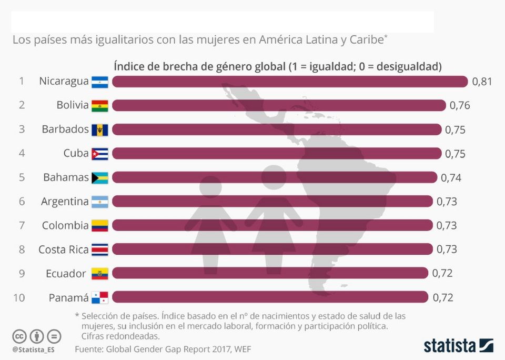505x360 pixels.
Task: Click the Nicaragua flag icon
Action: pyautogui.click(x=99, y=82)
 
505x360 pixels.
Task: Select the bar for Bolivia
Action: pyautogui.click(x=279, y=105)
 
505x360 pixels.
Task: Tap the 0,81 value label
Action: pyautogui.click(x=482, y=82)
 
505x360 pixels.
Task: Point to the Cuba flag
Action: pyautogui.click(x=99, y=154)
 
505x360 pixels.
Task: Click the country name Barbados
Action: pyautogui.click(x=65, y=129)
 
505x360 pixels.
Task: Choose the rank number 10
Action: pyautogui.click(x=19, y=298)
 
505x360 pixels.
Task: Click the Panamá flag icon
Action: pyautogui.click(x=99, y=298)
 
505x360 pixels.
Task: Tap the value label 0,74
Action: pyautogui.click(x=451, y=178)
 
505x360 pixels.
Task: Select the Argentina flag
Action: pyautogui.click(x=99, y=202)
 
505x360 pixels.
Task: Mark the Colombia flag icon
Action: pyautogui.click(x=99, y=226)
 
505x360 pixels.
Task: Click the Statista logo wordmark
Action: pyautogui.click(x=450, y=346)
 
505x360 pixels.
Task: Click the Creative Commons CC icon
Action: pyautogui.click(x=19, y=336)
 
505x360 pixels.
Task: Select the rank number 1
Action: pyautogui.click(x=22, y=81)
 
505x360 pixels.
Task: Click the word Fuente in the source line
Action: pyautogui.click(x=88, y=348)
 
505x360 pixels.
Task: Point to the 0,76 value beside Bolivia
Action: pyautogui.click(x=460, y=105)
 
